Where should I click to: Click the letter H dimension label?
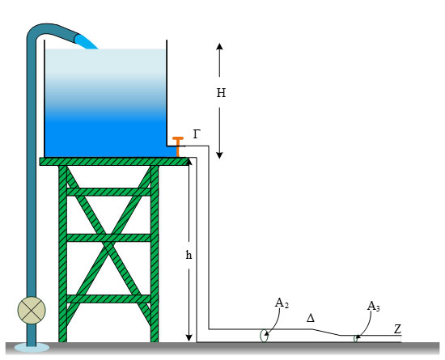point(221,93)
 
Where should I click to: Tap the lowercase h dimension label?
point(189,255)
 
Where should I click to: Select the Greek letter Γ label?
point(197,134)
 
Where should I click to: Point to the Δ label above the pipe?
point(311,318)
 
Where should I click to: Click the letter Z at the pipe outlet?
point(397,329)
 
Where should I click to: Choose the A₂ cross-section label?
point(282,303)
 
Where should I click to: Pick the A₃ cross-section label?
point(373,307)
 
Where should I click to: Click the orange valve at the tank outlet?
point(178,146)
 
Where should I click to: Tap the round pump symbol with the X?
point(32,310)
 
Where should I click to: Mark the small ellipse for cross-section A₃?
point(354,339)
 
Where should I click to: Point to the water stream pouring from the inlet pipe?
point(86,42)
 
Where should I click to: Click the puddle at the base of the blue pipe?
point(32,347)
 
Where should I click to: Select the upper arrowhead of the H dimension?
point(219,46)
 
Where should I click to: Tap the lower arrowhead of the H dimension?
point(219,155)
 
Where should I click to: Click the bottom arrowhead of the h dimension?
point(189,338)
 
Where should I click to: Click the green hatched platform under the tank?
point(114,162)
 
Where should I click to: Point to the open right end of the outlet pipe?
point(401,339)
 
